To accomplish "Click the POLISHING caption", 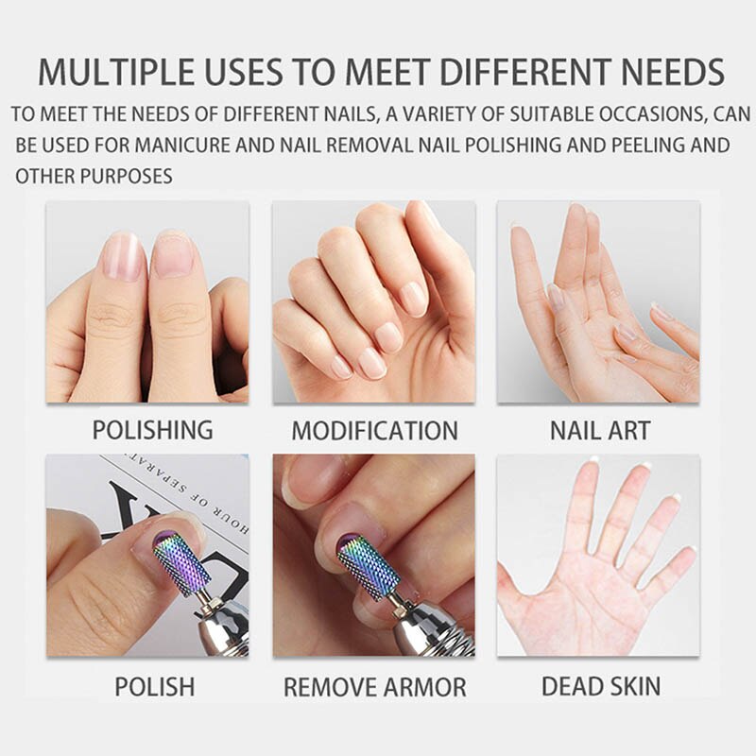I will (x=151, y=430).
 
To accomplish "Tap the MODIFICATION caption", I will (x=374, y=431).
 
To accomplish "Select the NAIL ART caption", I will (x=599, y=431).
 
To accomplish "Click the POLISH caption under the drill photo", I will (x=154, y=686).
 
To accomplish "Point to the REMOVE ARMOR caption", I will (x=374, y=687).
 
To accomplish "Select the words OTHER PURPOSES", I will (x=94, y=176).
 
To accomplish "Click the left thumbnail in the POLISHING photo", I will (x=121, y=256).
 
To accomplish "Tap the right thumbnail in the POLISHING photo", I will (x=172, y=253).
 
